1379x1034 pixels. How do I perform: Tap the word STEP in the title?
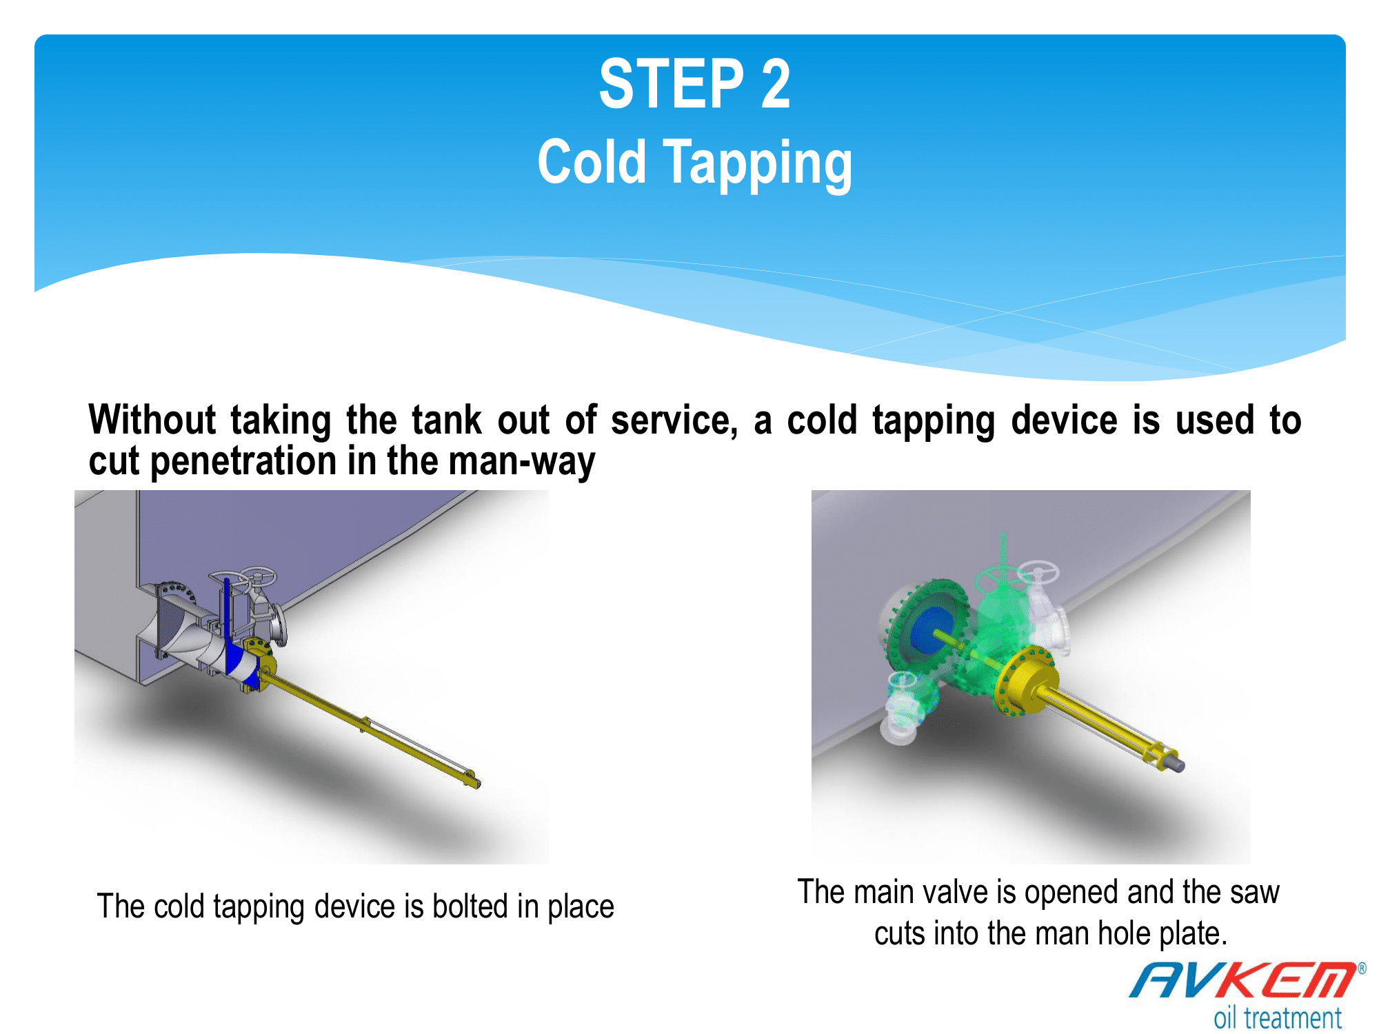tap(672, 83)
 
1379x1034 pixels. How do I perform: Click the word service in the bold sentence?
tap(674, 421)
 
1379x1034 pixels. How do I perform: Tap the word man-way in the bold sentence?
tap(522, 462)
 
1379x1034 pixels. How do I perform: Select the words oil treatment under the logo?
tap(1278, 1017)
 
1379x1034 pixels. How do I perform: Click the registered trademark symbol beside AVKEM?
tap(1362, 969)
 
